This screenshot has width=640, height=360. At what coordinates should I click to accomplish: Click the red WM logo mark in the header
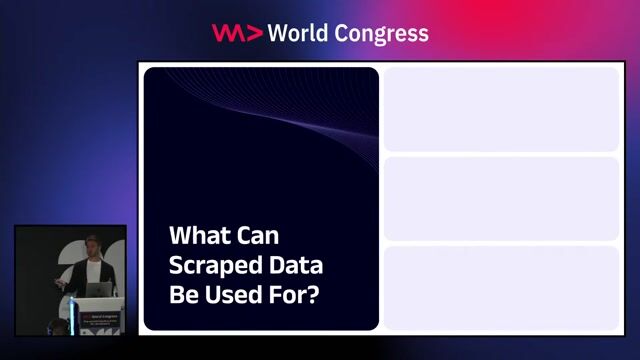[x=236, y=33]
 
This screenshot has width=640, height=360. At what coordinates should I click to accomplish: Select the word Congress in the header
[x=387, y=33]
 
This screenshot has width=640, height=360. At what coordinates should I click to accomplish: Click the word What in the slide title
[x=197, y=237]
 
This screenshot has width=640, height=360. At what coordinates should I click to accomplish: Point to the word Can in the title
[x=257, y=237]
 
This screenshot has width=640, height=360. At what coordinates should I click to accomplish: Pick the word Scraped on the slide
[x=211, y=267]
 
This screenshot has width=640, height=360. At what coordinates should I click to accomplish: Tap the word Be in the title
[x=184, y=297]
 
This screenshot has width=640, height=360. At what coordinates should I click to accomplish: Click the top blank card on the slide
[x=500, y=109]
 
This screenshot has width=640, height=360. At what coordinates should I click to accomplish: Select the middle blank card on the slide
[x=500, y=198]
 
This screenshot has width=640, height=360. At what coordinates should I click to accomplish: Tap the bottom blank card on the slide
[x=500, y=287]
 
